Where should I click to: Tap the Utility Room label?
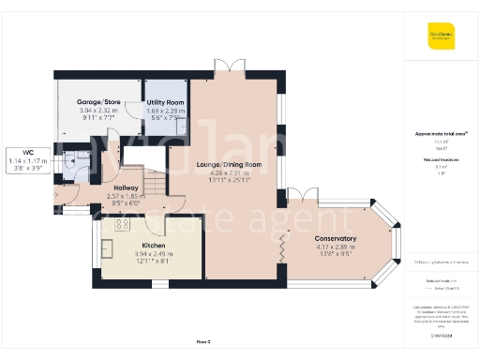pyautogui.click(x=165, y=101)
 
